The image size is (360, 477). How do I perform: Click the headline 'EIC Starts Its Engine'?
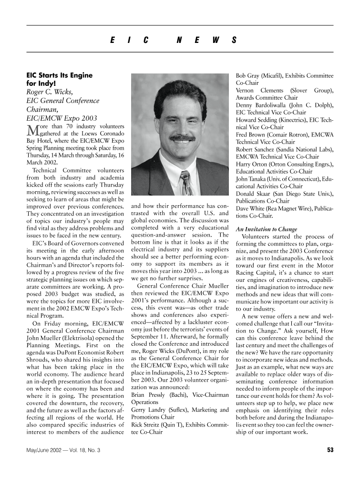59,75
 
